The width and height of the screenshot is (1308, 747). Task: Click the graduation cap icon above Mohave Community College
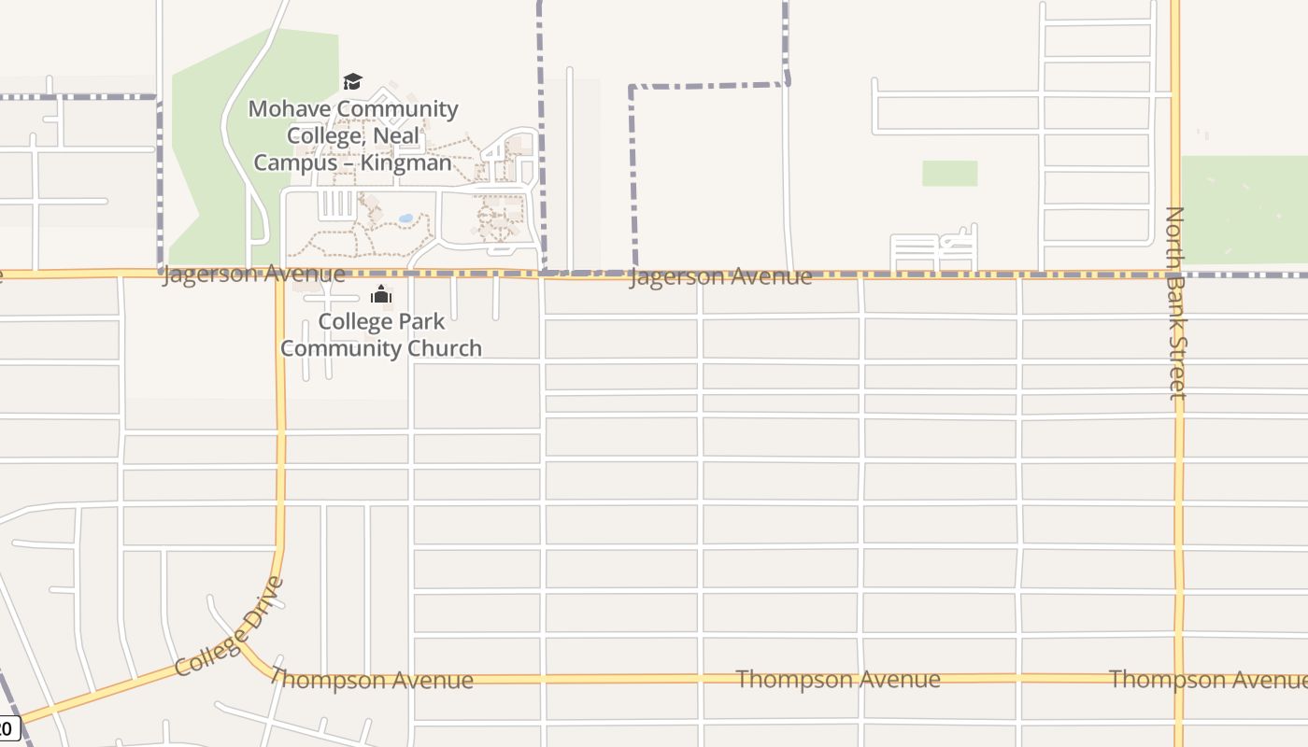tap(352, 82)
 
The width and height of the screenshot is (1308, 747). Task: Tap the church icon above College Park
tap(380, 295)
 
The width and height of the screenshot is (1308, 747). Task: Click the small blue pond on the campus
tap(405, 218)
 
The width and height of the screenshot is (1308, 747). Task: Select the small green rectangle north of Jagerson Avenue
tap(949, 174)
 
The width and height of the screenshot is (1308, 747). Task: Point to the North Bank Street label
tap(1175, 303)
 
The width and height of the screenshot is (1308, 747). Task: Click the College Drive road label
tap(229, 627)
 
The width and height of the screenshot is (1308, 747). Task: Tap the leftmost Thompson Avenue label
tap(375, 680)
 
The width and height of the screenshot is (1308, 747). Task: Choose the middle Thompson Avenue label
tap(838, 679)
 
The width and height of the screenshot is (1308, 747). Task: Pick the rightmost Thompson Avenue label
tap(1207, 679)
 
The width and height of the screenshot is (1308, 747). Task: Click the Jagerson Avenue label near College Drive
tap(253, 275)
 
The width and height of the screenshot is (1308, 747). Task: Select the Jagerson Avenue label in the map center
tap(720, 277)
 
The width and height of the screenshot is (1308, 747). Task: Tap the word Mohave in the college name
tap(290, 109)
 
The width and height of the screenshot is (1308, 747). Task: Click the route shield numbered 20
tap(7, 726)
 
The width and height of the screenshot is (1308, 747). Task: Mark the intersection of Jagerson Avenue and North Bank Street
tap(1175, 275)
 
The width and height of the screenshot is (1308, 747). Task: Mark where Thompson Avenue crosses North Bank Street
tap(1179, 679)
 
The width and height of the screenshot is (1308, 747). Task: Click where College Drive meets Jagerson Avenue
tap(279, 275)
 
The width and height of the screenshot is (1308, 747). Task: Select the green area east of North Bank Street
tap(1244, 210)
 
